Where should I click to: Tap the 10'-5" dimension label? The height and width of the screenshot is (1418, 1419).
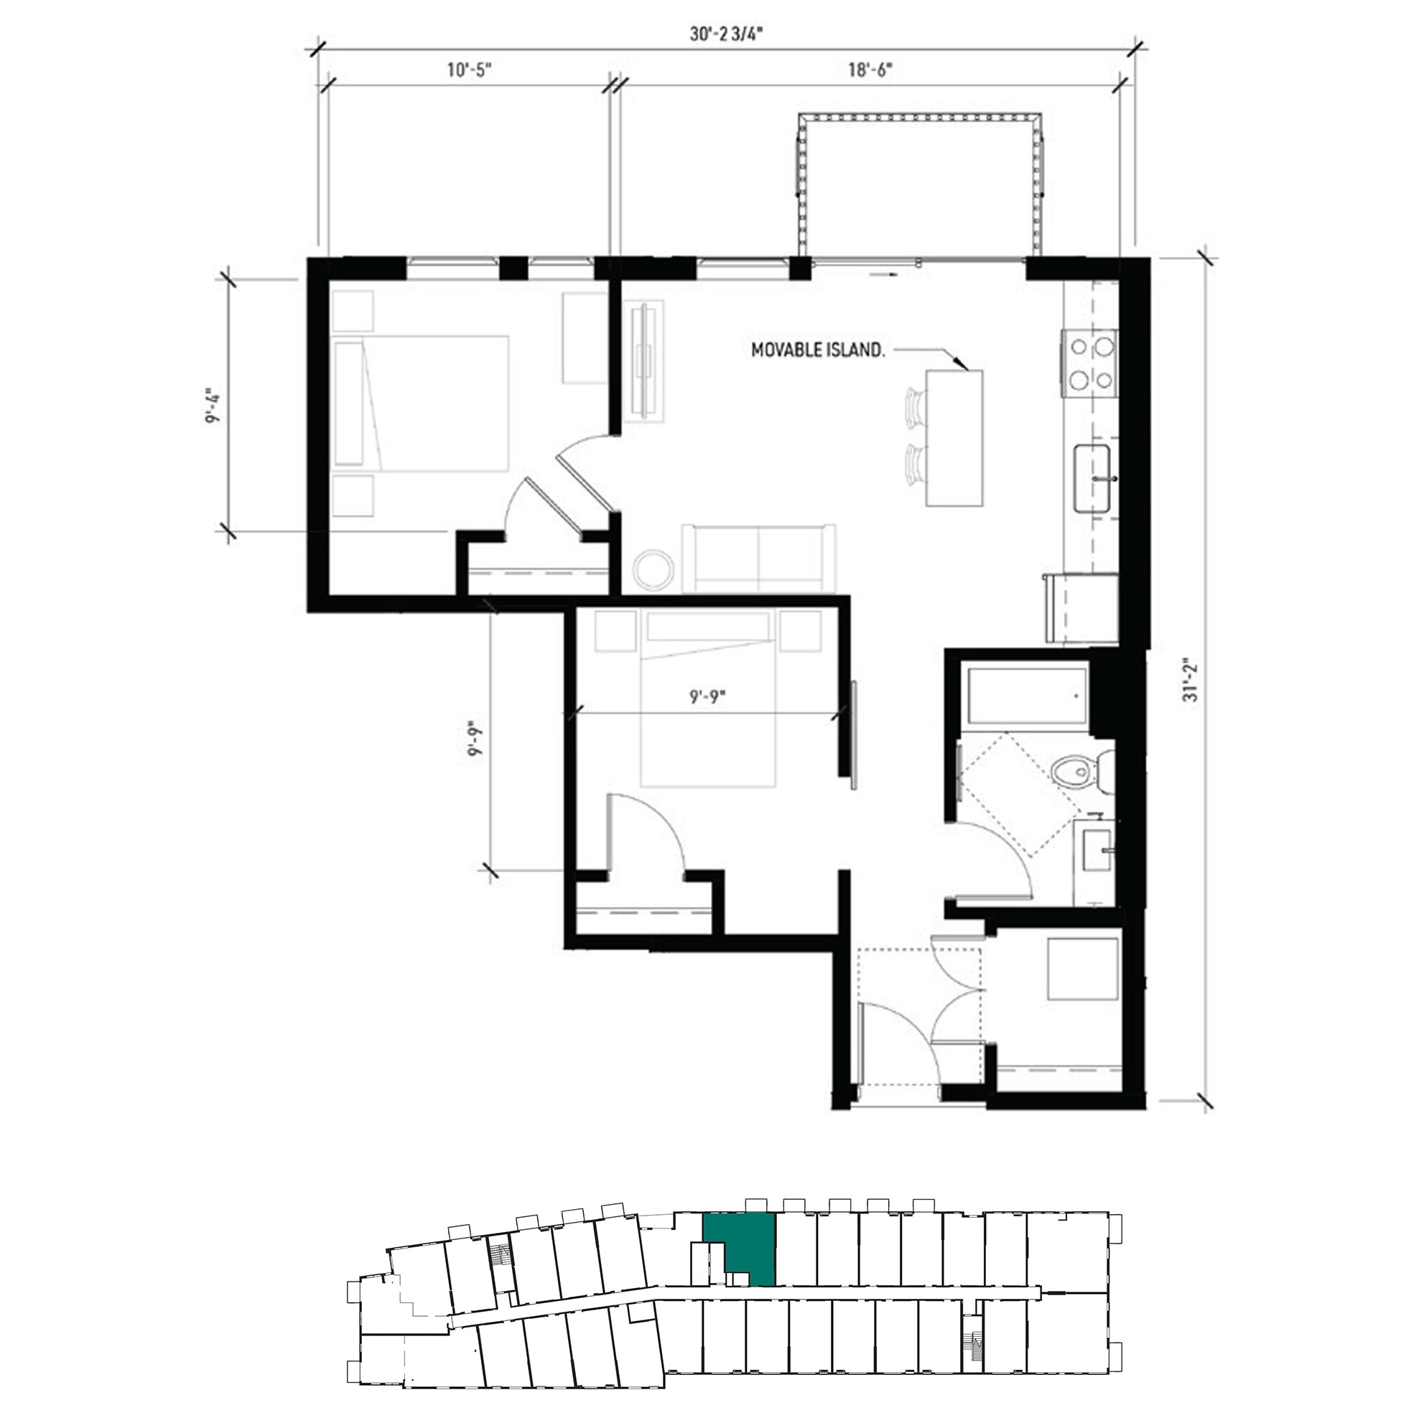click(469, 70)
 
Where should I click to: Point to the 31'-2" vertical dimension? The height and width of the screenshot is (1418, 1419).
click(1191, 681)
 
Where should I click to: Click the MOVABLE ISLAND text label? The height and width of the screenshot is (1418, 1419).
click(816, 351)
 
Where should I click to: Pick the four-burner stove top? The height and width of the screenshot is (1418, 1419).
click(1089, 363)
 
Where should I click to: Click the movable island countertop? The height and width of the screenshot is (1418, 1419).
click(954, 438)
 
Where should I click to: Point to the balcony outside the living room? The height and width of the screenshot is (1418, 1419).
click(920, 187)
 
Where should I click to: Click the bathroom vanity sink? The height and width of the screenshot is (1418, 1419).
click(1097, 856)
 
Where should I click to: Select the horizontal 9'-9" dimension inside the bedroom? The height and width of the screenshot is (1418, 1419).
click(707, 696)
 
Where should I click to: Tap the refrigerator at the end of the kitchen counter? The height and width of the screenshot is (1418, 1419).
click(1081, 610)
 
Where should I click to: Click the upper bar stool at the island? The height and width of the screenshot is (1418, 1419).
click(914, 408)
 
